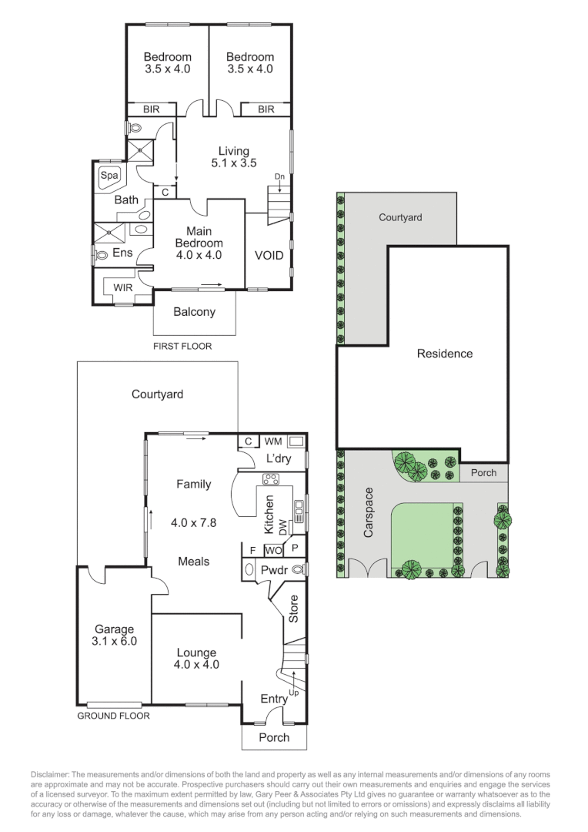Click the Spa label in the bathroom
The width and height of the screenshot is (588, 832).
coord(109,175)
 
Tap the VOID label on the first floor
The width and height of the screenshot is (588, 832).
coord(269,255)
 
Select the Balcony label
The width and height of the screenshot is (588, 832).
coord(194,312)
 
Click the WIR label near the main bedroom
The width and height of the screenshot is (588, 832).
coord(123,287)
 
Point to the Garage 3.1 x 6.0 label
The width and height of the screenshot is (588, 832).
coord(115,634)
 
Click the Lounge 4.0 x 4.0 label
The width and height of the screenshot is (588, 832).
coord(195,658)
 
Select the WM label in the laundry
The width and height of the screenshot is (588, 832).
coord(272,441)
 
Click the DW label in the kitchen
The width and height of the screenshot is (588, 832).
coord(282,527)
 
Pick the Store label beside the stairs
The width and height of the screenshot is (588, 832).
coord(293,609)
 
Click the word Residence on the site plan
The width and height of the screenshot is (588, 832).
coord(445,354)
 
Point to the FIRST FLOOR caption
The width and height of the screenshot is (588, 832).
coord(182,346)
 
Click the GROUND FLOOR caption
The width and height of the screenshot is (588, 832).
coord(113,716)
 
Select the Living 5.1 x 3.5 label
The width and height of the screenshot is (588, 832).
coord(233,156)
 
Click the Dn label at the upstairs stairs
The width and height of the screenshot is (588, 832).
coord(279,176)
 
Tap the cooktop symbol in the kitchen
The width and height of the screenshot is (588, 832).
coord(271,478)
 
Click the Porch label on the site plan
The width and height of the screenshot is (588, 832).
coord(483,473)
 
